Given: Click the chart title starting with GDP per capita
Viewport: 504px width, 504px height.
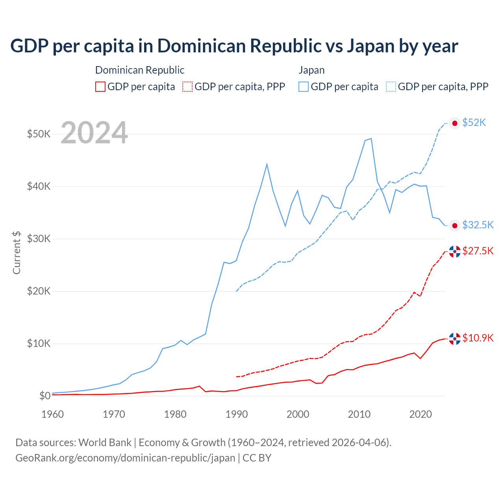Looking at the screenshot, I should tap(234, 46).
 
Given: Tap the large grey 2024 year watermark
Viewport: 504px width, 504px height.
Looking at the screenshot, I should tap(94, 133).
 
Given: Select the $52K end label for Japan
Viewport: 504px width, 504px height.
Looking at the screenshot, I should tap(474, 123).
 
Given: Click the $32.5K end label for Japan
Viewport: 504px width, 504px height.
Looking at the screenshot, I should tap(478, 225).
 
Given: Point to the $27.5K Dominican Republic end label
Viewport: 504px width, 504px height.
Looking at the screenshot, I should tap(478, 251).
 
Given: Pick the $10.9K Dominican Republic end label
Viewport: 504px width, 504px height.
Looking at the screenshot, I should tap(478, 338).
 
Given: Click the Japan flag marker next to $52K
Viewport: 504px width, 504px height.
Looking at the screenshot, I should tap(455, 123).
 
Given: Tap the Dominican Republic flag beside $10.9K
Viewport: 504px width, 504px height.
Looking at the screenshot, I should tap(455, 339).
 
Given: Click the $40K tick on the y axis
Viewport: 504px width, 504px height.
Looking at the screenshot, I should tap(39, 186).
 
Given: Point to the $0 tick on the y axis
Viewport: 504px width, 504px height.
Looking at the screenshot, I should tap(44, 396).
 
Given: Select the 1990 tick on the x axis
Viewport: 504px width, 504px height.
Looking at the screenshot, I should tap(237, 414).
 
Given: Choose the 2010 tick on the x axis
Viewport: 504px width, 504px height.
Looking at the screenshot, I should tap(359, 414).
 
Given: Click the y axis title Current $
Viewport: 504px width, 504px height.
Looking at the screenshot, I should tap(17, 252).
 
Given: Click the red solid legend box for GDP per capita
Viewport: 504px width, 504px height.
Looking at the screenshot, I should tap(100, 87).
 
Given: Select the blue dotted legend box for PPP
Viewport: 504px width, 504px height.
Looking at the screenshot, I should tap(391, 87).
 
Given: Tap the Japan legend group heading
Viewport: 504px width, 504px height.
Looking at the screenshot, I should tap(311, 70).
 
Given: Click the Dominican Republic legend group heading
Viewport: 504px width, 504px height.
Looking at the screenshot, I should tap(140, 70).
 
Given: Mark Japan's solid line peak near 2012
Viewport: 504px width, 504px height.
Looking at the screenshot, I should tap(371, 139).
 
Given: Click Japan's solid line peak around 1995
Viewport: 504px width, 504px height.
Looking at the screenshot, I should tap(267, 164).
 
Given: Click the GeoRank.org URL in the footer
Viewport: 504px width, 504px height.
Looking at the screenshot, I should tap(125, 458).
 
